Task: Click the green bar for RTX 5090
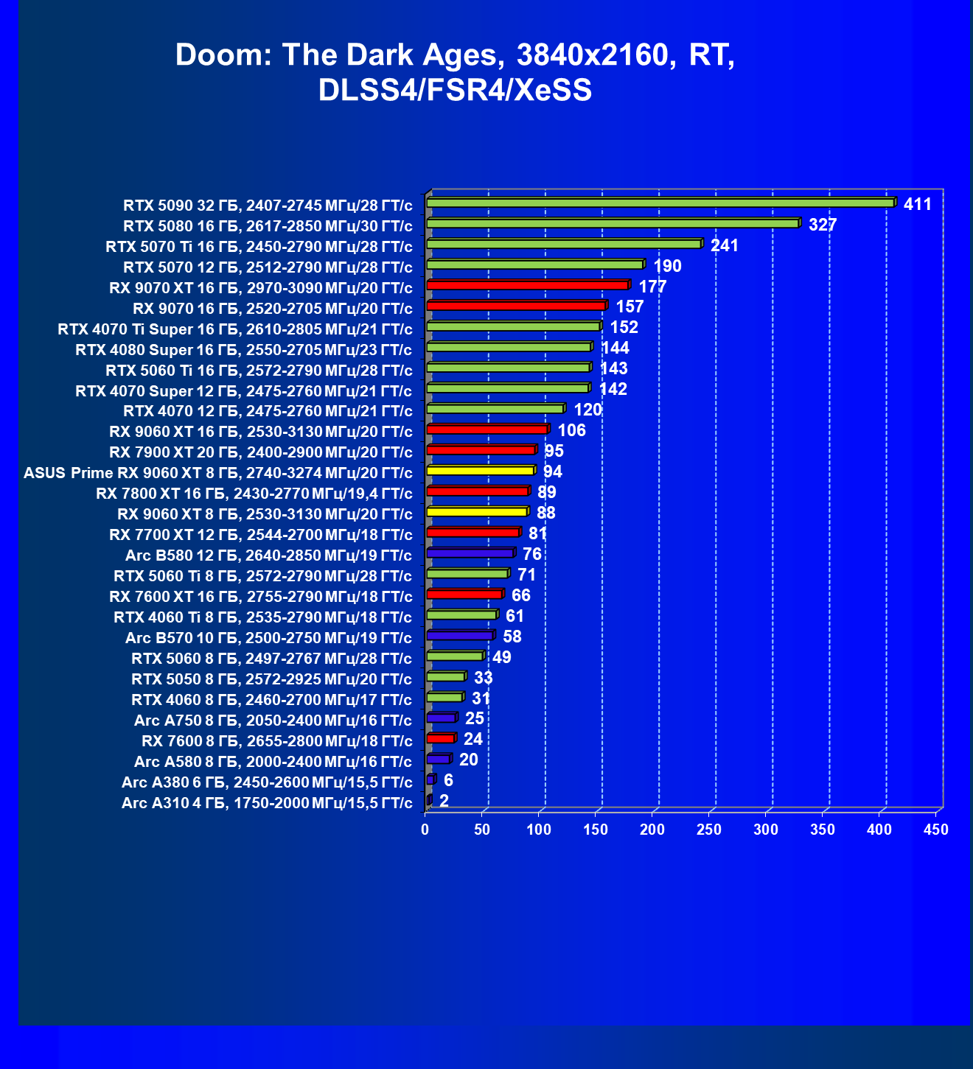point(660,203)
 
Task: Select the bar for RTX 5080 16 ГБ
point(612,223)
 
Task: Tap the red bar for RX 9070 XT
point(527,285)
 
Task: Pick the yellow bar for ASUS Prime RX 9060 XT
point(480,471)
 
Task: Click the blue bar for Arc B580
point(470,553)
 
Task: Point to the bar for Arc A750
point(442,718)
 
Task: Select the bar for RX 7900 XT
point(481,450)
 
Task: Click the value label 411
point(918,204)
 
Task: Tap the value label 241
point(725,245)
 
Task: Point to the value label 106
point(572,430)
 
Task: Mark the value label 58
point(512,637)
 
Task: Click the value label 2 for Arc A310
point(444,801)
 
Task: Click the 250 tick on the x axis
point(709,830)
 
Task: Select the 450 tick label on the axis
point(936,830)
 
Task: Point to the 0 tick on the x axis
point(425,830)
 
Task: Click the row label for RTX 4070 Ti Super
point(235,329)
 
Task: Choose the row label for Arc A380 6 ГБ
point(267,782)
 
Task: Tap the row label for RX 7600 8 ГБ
point(277,740)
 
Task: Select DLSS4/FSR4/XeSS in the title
point(455,90)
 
